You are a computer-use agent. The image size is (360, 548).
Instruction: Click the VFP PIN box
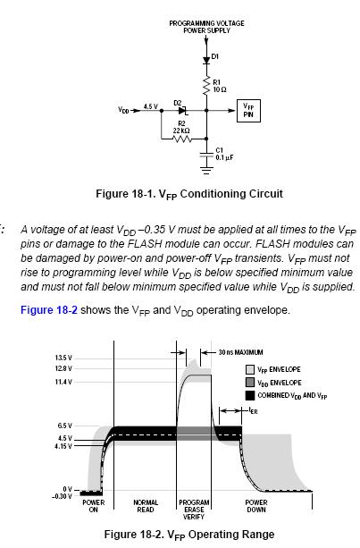coord(248,111)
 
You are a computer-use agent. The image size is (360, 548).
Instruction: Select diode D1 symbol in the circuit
coord(206,60)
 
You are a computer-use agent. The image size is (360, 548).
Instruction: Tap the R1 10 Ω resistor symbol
coord(206,85)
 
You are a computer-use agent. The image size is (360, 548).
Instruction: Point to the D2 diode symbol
coord(183,111)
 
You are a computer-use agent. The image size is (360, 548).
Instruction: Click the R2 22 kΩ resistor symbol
coord(182,139)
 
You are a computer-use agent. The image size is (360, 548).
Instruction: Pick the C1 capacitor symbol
coord(206,155)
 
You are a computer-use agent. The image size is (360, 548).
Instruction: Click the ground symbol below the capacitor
coord(206,171)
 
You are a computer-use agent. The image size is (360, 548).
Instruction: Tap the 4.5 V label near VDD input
coord(150,106)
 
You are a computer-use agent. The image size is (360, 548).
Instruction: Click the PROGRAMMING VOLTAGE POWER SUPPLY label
coord(206,27)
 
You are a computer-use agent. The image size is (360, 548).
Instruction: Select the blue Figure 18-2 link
coord(49,310)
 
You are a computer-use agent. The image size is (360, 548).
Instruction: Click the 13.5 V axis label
coord(63,358)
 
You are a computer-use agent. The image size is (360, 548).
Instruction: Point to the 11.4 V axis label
coord(63,382)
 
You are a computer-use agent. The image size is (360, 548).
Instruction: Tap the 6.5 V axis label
coord(65,426)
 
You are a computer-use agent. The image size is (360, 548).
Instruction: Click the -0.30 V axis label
coord(62,496)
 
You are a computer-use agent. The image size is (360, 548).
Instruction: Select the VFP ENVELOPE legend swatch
coord(250,370)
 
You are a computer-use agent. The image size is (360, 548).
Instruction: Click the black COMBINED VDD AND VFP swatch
coord(250,395)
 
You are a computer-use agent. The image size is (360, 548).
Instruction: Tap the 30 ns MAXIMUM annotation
coord(240,352)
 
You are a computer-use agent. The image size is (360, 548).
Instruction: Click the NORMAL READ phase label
coord(146,506)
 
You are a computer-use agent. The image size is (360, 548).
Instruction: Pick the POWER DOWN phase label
coord(256,506)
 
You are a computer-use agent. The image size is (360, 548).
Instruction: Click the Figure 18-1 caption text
coord(189,194)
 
